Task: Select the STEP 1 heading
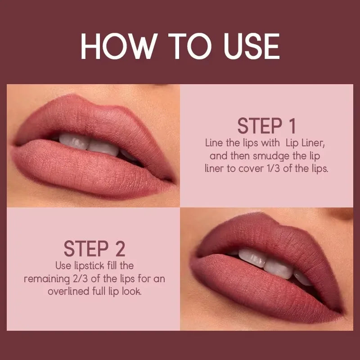click(x=266, y=126)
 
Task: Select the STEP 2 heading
click(x=94, y=248)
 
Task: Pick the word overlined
click(x=70, y=292)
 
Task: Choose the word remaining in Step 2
click(x=44, y=279)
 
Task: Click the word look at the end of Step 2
click(x=132, y=292)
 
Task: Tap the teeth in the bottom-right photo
click(x=265, y=262)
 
